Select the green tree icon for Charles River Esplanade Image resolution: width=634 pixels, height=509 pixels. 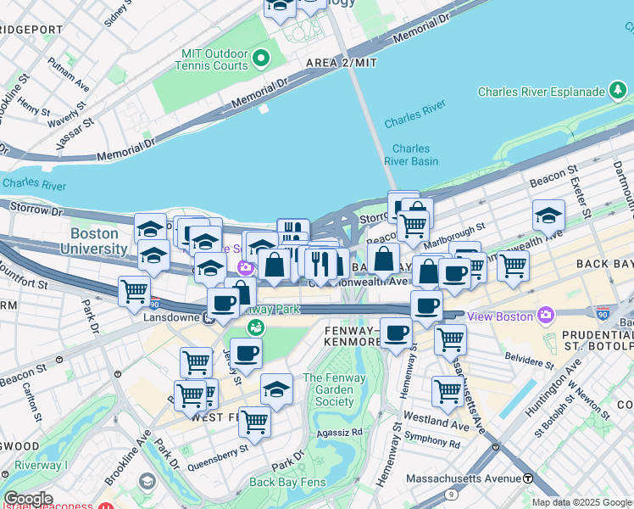[x=618, y=91]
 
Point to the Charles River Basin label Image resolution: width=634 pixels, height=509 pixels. [x=411, y=154]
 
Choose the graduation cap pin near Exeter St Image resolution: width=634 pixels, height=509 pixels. [x=548, y=215]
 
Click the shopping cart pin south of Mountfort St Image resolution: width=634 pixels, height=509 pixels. [x=134, y=290]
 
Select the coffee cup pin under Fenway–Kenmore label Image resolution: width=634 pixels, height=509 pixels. [x=396, y=332]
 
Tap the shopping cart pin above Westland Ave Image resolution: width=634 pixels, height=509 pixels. [x=448, y=391]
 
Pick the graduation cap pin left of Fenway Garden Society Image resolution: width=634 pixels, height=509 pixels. [x=276, y=388]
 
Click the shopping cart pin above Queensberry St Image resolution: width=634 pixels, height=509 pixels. [x=253, y=420]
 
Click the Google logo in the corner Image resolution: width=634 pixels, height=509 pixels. [x=28, y=499]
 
